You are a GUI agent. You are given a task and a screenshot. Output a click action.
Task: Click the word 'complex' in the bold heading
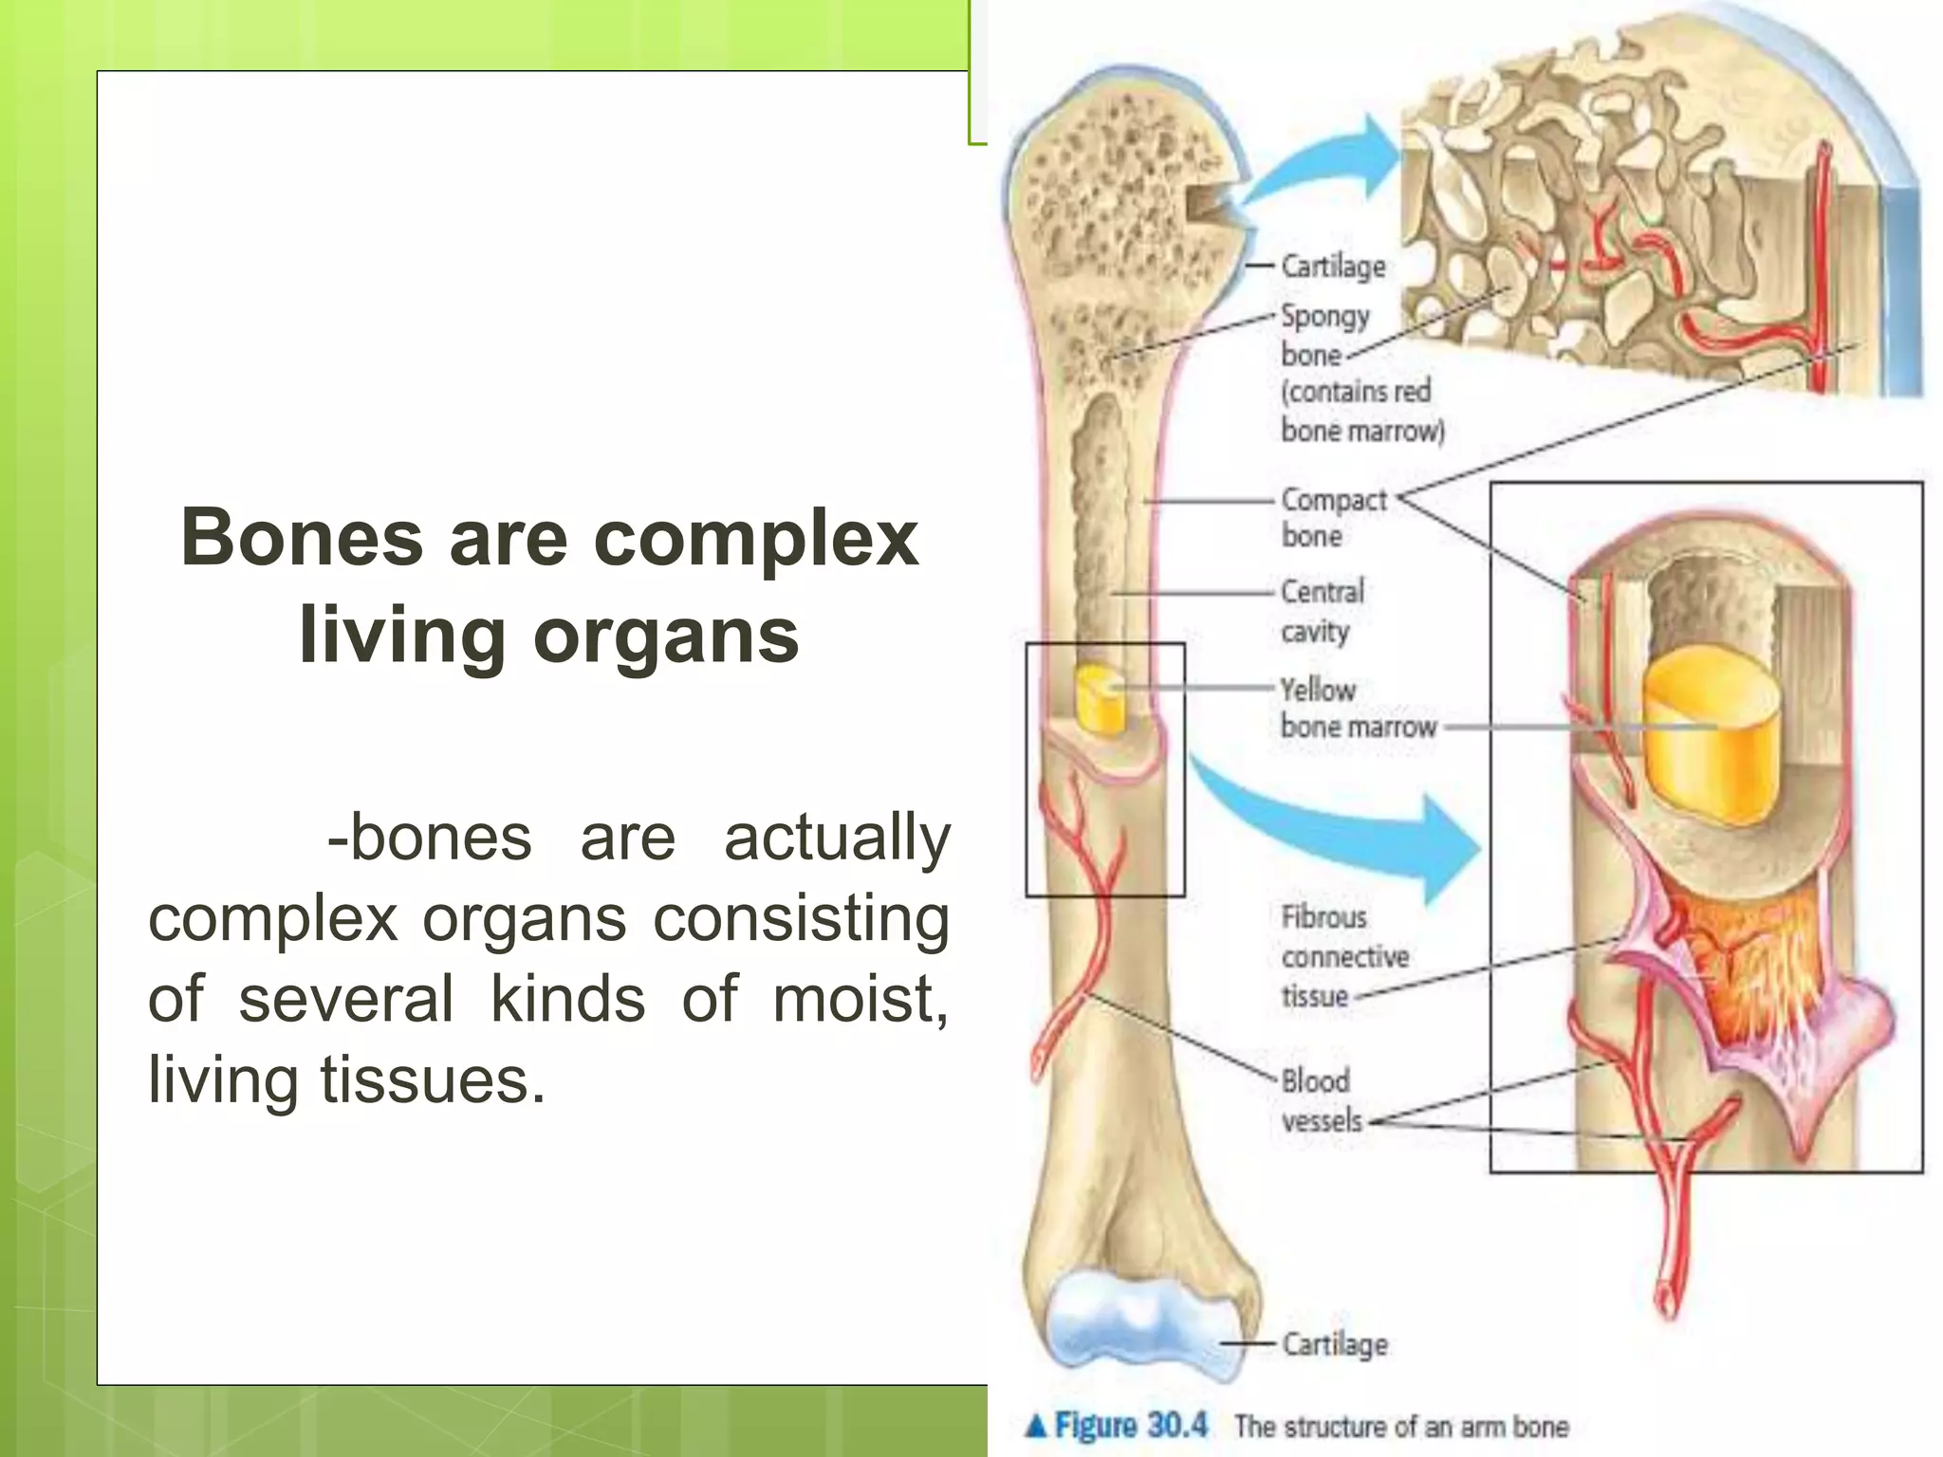point(755,540)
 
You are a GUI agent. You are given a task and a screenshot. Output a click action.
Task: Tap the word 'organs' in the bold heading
point(666,636)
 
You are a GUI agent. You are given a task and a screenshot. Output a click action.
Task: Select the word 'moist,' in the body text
point(860,1000)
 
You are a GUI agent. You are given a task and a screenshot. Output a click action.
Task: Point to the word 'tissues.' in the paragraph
point(433,1080)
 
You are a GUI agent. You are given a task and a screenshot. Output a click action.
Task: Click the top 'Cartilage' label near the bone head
point(1333,267)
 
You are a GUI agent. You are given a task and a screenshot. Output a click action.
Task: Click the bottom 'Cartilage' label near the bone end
point(1335,1344)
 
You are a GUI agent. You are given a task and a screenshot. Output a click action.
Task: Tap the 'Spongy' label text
point(1325,316)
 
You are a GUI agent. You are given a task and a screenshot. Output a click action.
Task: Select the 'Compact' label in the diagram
point(1333,499)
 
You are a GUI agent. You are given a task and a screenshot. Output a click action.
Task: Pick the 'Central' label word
point(1323,592)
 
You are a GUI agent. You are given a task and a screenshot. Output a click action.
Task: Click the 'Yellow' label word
point(1318,690)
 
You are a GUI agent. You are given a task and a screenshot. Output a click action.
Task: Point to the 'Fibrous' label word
point(1323,917)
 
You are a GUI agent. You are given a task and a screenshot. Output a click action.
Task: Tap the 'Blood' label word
point(1315,1080)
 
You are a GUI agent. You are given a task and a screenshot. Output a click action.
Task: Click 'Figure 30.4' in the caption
point(1130,1426)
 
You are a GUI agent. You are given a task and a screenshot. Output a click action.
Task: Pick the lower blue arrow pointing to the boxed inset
point(1347,835)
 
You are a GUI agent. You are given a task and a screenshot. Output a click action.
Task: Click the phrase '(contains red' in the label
point(1355,392)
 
